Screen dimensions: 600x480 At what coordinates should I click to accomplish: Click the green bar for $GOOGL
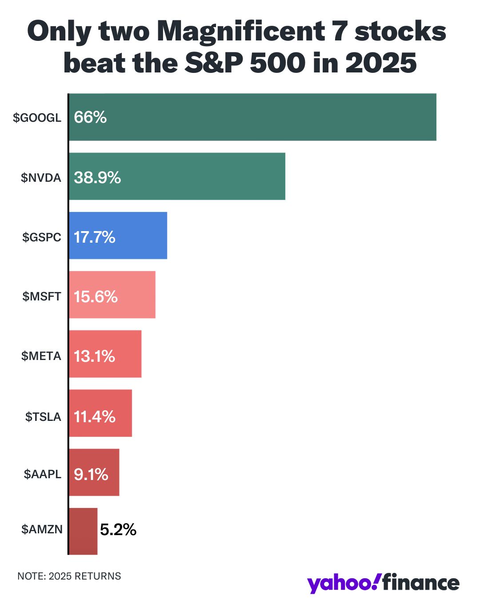pos(252,117)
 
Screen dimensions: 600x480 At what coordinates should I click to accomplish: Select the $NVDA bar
pos(177,176)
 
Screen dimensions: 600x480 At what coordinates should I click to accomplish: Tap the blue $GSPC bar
pos(118,235)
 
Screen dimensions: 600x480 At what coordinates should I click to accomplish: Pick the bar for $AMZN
pos(83,531)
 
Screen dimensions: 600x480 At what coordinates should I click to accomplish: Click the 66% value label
pos(90,117)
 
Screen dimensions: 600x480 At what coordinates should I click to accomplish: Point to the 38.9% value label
pos(97,177)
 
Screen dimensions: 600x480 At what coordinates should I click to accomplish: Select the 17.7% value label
pos(94,237)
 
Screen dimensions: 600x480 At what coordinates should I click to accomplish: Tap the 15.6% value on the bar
pos(96,296)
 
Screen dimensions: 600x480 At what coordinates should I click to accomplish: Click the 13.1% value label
pos(94,356)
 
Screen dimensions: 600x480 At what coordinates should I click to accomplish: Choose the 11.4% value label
pos(94,416)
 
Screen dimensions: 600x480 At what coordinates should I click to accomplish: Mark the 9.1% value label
pos(91,474)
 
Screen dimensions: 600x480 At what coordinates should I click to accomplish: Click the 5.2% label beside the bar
pos(118,529)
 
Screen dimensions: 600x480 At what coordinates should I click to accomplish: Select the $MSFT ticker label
pos(42,296)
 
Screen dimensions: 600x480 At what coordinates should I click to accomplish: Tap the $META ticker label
pos(41,356)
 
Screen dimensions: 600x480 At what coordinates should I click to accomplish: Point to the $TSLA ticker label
pos(43,416)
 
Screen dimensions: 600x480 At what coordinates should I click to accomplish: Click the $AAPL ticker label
pos(43,474)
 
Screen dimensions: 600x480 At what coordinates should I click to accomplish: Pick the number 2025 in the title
pos(381,63)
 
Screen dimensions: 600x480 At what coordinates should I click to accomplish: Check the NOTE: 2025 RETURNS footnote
pos(69,576)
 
